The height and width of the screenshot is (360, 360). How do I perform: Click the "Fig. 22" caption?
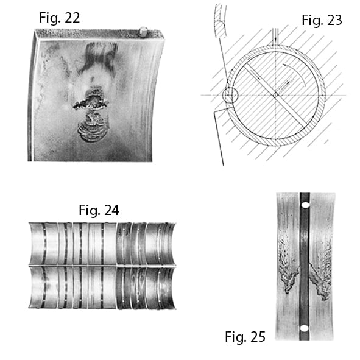coord(60,18)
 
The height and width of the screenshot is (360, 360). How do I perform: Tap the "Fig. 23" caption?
coord(322,20)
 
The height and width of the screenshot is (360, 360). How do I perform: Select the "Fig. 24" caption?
coord(99,210)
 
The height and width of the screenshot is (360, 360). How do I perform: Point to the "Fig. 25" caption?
coord(245,337)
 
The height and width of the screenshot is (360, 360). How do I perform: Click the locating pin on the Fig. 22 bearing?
coord(143,31)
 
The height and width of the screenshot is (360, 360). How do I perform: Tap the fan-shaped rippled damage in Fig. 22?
coord(93,129)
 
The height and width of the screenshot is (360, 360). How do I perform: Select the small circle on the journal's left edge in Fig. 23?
coord(230,94)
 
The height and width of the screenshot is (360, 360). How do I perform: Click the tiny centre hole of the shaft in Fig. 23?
coord(275,95)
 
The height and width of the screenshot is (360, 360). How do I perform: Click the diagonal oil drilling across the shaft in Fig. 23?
coord(275,94)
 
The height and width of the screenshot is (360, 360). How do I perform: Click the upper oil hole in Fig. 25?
coord(305,205)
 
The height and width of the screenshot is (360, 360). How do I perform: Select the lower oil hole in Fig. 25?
coord(304,328)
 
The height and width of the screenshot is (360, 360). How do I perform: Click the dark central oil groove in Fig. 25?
coord(305,266)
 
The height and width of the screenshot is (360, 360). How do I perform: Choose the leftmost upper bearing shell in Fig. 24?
coord(37,244)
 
